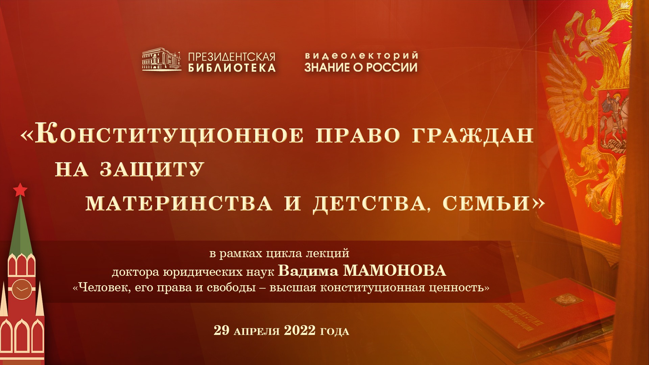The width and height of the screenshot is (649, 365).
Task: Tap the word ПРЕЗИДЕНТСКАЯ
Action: pos(232,57)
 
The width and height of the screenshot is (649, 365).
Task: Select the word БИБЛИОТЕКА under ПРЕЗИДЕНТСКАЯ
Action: pos(232,68)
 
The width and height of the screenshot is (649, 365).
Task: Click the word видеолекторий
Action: pos(361,55)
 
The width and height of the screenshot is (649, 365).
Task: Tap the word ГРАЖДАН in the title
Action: pos(473,135)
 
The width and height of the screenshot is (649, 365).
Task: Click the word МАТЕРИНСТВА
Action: pos(179,203)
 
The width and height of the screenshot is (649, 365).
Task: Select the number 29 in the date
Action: pos(221,330)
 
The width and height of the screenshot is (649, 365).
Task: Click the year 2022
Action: pos(299,330)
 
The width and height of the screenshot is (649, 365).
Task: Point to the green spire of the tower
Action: pos(21,226)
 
